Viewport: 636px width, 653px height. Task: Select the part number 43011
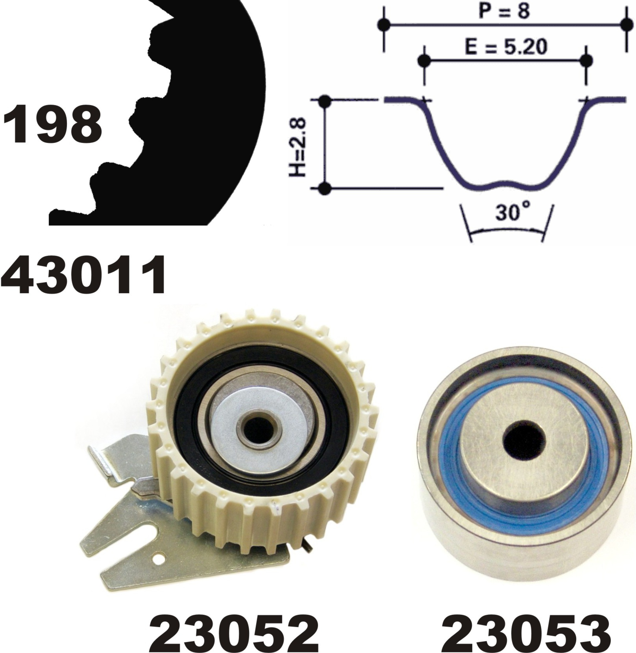[x=84, y=275]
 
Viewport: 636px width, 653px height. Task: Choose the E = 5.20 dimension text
[x=506, y=47]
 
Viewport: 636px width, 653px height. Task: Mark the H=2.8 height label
[x=297, y=146]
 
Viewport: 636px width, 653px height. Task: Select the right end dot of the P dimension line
[x=626, y=24]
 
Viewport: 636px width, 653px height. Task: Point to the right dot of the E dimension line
[x=587, y=60]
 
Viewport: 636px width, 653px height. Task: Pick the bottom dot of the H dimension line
[x=324, y=188]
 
